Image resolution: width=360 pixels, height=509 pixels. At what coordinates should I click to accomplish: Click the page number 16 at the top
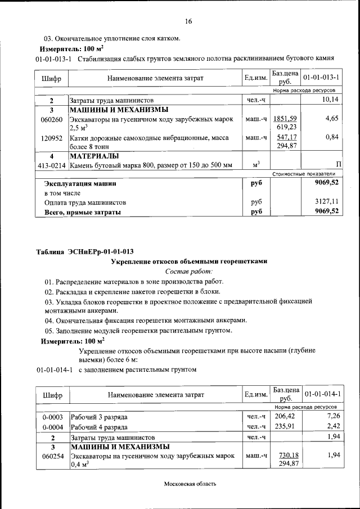coord(188,21)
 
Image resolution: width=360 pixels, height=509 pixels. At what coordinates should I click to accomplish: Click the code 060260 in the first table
coord(51,119)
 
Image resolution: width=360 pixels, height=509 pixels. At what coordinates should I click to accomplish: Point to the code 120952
coord(51,138)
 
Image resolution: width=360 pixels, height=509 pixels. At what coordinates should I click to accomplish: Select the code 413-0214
coord(51,165)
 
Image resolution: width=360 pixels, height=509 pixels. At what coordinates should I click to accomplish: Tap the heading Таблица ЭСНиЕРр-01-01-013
coord(84,251)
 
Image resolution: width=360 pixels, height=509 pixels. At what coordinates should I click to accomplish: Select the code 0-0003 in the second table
coord(51,417)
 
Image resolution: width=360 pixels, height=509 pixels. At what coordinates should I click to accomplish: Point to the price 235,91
coord(284,426)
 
